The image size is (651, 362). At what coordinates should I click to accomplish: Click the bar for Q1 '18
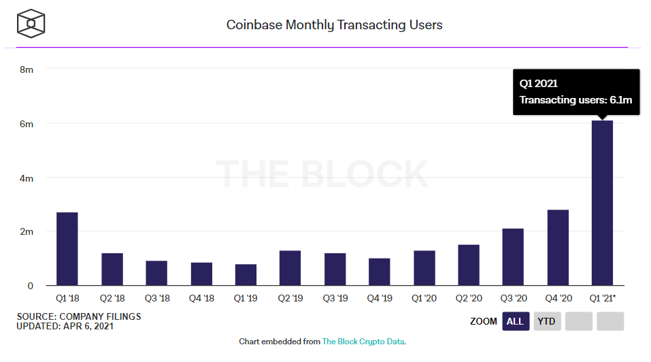pyautogui.click(x=67, y=249)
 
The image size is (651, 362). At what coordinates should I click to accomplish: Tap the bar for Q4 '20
pyautogui.click(x=557, y=248)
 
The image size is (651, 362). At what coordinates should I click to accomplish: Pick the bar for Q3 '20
pyautogui.click(x=513, y=257)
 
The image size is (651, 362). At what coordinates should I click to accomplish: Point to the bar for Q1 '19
pyautogui.click(x=246, y=275)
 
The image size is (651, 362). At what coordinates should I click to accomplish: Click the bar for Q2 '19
pyautogui.click(x=290, y=268)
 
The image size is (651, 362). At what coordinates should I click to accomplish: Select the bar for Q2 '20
pyautogui.click(x=468, y=265)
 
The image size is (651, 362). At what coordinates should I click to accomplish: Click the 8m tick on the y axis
pyautogui.click(x=27, y=69)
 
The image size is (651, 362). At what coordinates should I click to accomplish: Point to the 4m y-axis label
pyautogui.click(x=27, y=178)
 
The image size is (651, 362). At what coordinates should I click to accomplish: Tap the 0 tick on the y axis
pyautogui.click(x=30, y=286)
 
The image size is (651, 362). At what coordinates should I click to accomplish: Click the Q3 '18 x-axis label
pyautogui.click(x=156, y=297)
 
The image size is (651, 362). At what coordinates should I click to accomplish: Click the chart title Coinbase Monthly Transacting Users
pyautogui.click(x=334, y=25)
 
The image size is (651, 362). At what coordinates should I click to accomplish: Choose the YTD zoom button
pyautogui.click(x=547, y=321)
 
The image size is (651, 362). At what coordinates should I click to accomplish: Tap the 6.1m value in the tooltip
pyautogui.click(x=620, y=100)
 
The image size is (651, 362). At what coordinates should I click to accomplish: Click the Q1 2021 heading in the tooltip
pyautogui.click(x=539, y=84)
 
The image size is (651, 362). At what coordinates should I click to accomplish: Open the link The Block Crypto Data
pyautogui.click(x=364, y=342)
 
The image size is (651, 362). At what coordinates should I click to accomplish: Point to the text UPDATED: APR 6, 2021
pyautogui.click(x=65, y=327)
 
